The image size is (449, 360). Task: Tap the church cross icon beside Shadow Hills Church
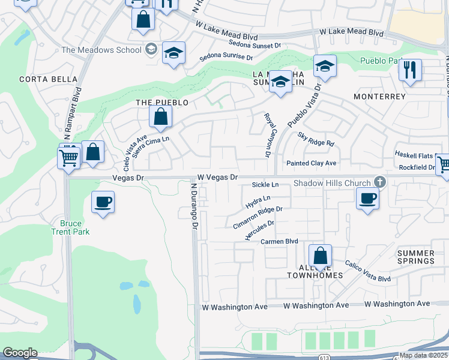(x=379, y=181)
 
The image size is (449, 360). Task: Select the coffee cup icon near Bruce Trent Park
(x=103, y=202)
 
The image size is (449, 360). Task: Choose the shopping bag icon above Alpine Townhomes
(x=321, y=255)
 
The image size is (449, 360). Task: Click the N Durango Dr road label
(x=194, y=207)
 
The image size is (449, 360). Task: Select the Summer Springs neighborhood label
(x=416, y=257)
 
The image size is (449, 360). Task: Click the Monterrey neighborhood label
(x=380, y=97)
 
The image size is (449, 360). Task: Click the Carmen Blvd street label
(x=279, y=241)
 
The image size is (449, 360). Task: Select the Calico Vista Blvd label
(x=367, y=271)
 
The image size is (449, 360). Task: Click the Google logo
(x=20, y=353)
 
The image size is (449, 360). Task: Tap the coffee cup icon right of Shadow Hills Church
(x=367, y=198)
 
